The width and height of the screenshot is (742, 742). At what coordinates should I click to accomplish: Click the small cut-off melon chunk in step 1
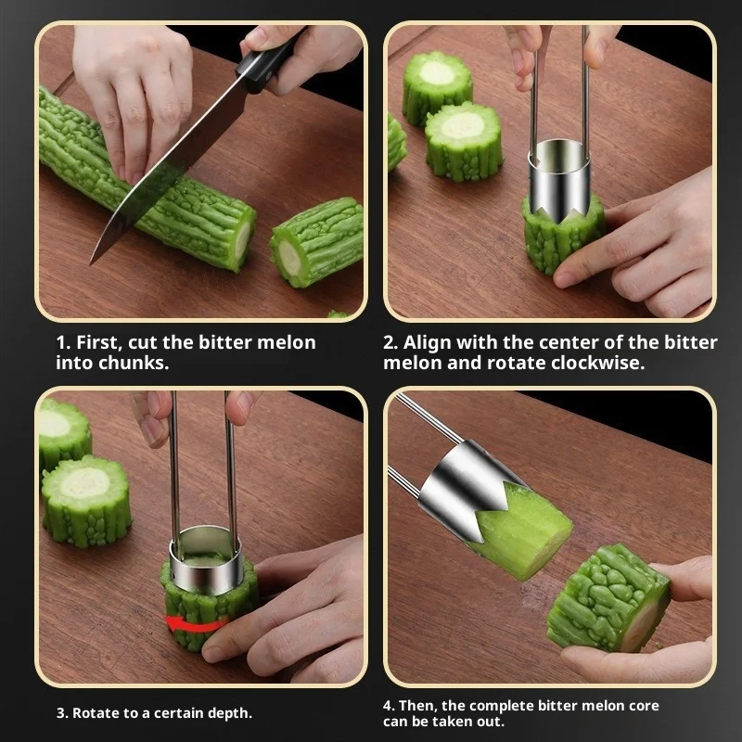pos(316,241)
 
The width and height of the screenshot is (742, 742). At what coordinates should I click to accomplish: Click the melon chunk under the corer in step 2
pos(561,241)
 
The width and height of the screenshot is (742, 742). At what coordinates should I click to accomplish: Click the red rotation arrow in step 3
pos(196,623)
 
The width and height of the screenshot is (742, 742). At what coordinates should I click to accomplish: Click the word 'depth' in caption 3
pos(227,713)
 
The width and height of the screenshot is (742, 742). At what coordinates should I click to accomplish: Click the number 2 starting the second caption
pos(390,342)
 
